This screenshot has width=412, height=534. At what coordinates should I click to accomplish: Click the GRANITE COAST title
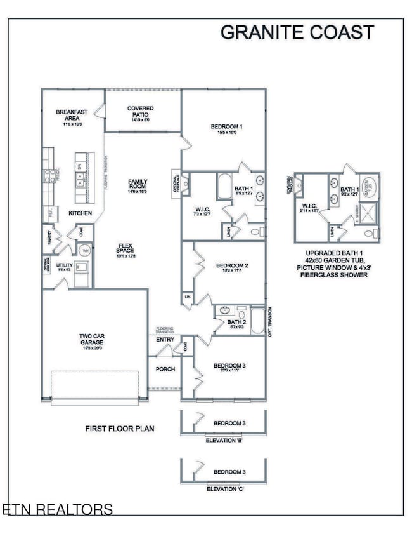click(x=297, y=32)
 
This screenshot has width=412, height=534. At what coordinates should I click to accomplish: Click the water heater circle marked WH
click(x=87, y=250)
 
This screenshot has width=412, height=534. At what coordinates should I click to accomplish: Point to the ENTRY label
click(x=164, y=340)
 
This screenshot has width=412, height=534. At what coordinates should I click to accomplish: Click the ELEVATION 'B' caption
click(x=225, y=439)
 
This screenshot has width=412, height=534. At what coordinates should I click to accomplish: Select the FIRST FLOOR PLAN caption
click(x=120, y=429)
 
